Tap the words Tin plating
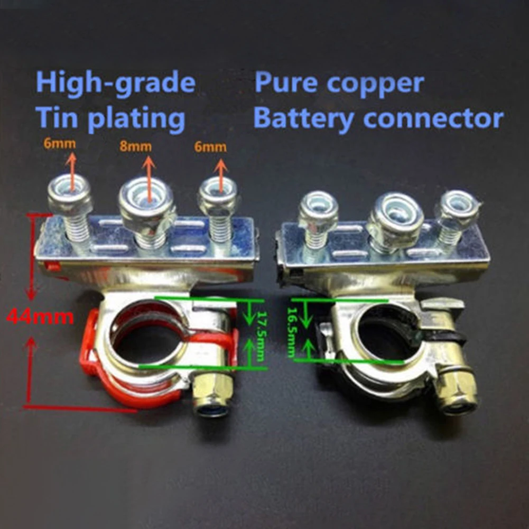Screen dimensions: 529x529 (110, 118)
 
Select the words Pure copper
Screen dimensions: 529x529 (339, 83)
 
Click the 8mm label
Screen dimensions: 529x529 (135, 146)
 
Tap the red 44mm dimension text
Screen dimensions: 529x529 (40, 317)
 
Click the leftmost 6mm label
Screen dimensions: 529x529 (60, 144)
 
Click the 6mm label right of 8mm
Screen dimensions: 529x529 (210, 147)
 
